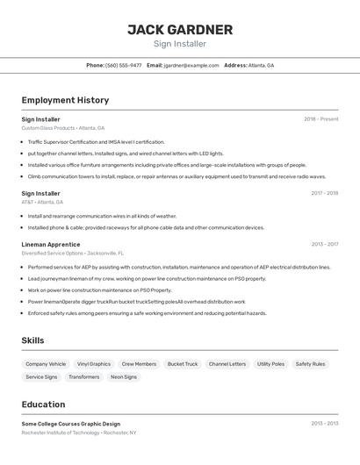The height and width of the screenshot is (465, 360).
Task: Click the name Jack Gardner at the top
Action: point(180,30)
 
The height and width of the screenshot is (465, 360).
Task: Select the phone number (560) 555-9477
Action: point(124,65)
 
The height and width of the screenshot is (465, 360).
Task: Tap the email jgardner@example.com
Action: point(191,65)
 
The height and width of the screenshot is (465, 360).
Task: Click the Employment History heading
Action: point(65,100)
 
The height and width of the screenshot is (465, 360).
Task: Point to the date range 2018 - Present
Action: point(320,118)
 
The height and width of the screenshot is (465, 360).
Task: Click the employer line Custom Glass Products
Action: point(62,128)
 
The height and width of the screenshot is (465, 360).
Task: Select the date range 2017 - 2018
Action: point(324,193)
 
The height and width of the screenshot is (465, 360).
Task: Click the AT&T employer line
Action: point(42,202)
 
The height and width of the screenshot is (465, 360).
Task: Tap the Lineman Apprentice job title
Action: point(51,244)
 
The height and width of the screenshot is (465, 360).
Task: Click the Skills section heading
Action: point(32,340)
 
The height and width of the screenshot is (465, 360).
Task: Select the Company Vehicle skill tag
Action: point(46,363)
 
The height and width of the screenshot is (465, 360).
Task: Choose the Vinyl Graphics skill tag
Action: point(94,363)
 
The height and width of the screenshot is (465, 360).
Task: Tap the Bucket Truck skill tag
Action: point(183,363)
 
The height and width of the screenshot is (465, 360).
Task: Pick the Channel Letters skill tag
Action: point(227,363)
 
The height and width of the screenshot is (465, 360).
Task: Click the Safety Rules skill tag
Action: point(310,363)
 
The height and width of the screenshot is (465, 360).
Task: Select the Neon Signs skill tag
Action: point(124,377)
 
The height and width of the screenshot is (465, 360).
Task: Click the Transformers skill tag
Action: point(84,377)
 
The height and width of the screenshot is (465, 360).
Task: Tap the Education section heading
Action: point(43,404)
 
